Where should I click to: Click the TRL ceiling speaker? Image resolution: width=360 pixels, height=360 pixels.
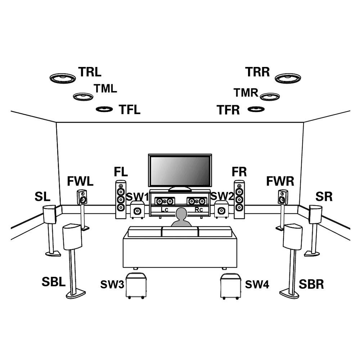pyautogui.click(x=63, y=78)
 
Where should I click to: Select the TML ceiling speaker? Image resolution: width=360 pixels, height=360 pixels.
pyautogui.click(x=83, y=96)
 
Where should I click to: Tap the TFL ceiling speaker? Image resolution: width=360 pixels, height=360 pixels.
pyautogui.click(x=105, y=109)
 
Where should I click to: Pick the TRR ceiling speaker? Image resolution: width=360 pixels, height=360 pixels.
pyautogui.click(x=288, y=78)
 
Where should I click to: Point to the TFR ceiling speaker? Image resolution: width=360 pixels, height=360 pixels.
pyautogui.click(x=256, y=109)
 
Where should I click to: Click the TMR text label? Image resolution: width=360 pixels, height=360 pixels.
pyautogui.click(x=246, y=93)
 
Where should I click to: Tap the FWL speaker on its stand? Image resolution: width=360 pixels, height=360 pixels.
pyautogui.click(x=82, y=197)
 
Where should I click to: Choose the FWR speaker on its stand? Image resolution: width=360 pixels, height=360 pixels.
pyautogui.click(x=283, y=197)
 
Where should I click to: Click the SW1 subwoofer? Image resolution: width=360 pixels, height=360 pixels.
pyautogui.click(x=137, y=210)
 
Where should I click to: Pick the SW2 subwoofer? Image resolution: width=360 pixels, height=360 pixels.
pyautogui.click(x=221, y=210)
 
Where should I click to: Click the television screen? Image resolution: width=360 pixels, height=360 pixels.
pyautogui.click(x=180, y=171)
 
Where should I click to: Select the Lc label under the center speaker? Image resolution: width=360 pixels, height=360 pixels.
pyautogui.click(x=165, y=210)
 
